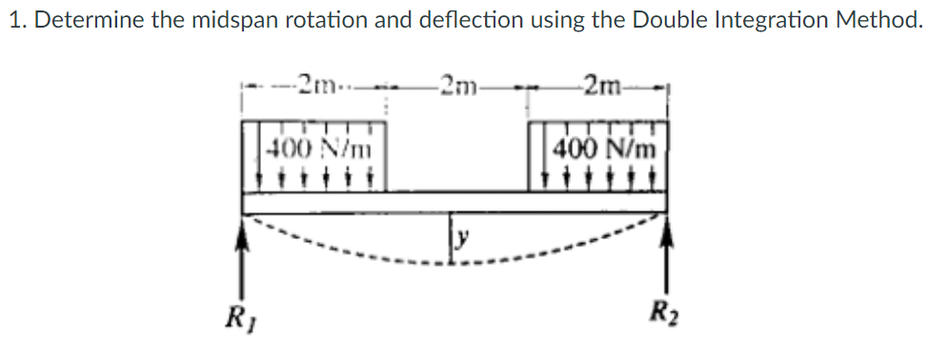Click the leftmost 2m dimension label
click(314, 83)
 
